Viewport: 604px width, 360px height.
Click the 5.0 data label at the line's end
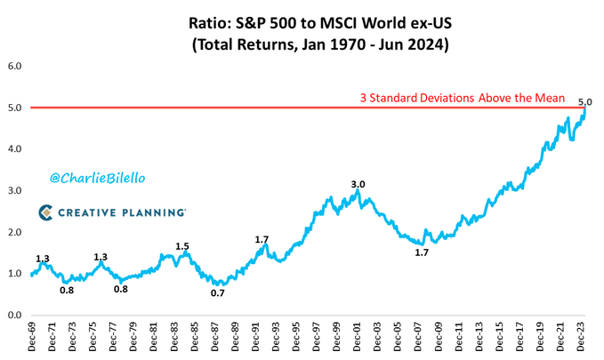584,102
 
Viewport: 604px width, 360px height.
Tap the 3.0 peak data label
358,184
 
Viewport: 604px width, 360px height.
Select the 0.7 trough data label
218,292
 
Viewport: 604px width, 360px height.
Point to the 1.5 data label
182,246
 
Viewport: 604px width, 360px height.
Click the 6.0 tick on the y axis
15,66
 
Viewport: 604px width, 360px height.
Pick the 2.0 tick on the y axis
15,232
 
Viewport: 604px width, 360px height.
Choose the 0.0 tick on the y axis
15,315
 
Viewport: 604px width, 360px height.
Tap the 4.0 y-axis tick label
15,149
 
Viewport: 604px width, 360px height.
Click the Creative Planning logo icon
46,212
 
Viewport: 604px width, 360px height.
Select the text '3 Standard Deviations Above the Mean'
456,98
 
